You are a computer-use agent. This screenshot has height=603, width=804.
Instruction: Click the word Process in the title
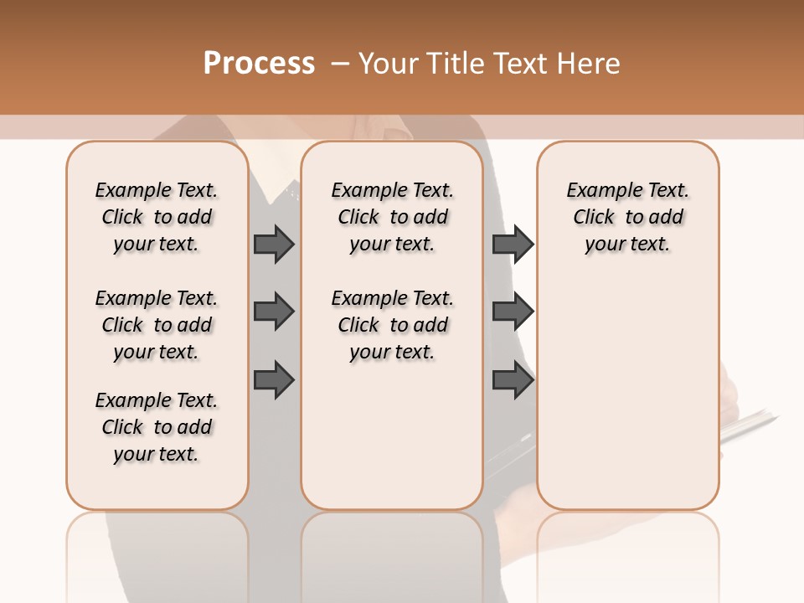coord(259,64)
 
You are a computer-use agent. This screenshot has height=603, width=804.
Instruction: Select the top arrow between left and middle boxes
coord(273,245)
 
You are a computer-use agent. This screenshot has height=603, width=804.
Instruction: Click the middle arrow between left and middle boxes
coord(273,312)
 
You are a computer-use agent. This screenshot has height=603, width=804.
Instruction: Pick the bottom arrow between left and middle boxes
coord(273,379)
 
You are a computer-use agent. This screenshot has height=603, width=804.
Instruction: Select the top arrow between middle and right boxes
coord(513,245)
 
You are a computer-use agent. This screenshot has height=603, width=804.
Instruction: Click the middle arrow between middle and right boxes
coord(513,312)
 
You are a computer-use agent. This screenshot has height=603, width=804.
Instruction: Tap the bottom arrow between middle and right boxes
coord(513,379)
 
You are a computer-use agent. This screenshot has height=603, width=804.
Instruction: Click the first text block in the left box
coord(157,217)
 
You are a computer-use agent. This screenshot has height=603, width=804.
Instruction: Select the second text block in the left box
coord(157,325)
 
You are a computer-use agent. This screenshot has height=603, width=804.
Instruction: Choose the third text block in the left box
coord(157,427)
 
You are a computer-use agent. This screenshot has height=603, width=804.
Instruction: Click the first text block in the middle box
coord(392,217)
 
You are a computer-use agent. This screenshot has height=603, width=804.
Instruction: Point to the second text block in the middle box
coord(392,325)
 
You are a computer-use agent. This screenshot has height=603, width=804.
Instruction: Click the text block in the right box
coord(627,217)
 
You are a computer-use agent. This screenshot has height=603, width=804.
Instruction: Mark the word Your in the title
coord(389,64)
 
